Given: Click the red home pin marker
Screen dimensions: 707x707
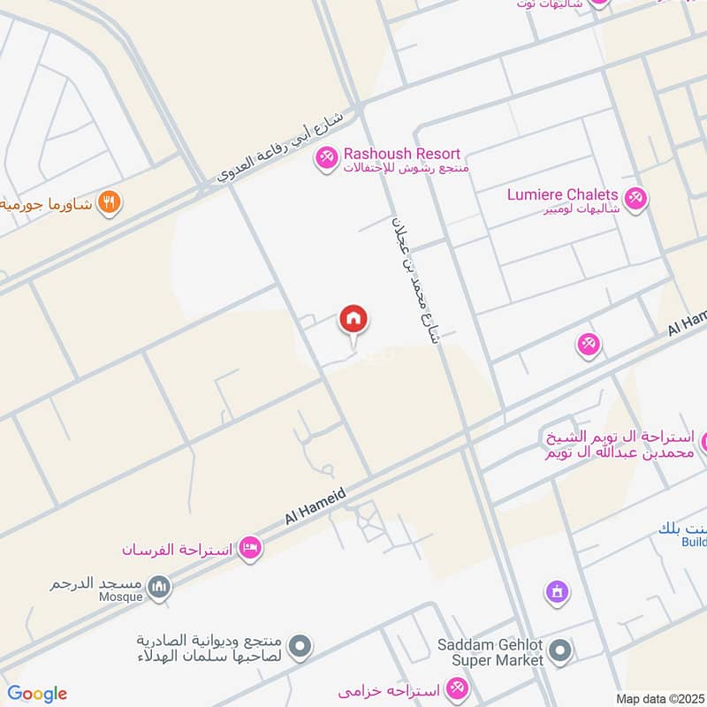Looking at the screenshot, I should [353, 320].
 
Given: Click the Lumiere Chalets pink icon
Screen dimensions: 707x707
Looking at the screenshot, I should [635, 197].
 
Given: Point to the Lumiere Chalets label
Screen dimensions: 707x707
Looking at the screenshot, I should [562, 194].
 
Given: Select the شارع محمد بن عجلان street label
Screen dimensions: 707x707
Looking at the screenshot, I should [414, 277].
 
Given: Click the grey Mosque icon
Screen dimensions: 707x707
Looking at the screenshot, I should [159, 588].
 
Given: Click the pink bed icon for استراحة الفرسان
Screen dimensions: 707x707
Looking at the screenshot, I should [250, 549].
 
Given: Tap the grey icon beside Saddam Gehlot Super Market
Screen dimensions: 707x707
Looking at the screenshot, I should [559, 653].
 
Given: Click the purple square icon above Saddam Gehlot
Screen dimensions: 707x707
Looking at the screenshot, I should [556, 590].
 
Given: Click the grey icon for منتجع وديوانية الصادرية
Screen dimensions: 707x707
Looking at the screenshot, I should [300, 648].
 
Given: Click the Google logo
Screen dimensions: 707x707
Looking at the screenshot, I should [37, 694].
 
